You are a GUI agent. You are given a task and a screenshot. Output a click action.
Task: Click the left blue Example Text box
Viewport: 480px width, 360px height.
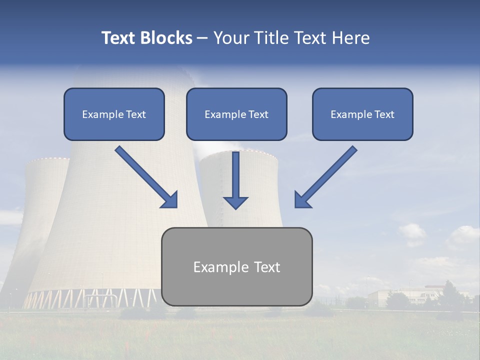point(114,114)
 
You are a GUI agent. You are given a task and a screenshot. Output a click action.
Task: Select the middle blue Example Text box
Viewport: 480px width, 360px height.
point(236,114)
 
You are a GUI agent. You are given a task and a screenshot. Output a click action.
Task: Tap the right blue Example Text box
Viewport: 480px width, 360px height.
point(362,114)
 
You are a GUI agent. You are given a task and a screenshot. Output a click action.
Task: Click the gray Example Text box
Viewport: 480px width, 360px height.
point(236,267)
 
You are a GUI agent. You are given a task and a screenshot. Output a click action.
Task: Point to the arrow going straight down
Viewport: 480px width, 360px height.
point(235,180)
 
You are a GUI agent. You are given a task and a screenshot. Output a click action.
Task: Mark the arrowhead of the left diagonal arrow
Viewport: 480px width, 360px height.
point(170,200)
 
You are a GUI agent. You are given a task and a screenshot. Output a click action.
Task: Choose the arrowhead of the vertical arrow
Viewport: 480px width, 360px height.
point(235,202)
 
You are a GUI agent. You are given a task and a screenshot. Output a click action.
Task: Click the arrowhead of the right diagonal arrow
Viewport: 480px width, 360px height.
point(303,199)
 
